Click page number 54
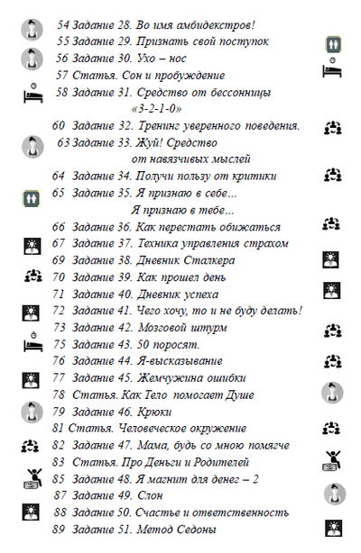tap(64, 25)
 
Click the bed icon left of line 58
tap(31, 93)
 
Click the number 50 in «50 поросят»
tap(145, 344)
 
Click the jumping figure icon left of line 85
tap(32, 478)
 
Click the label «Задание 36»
tap(97, 227)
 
